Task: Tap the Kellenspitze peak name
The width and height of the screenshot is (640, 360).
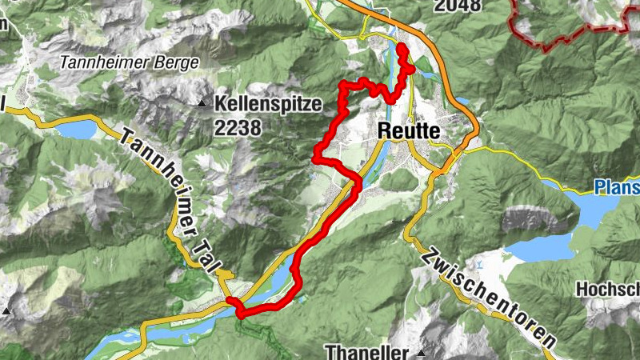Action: [x=267, y=103]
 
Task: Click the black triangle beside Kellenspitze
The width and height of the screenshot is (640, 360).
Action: [x=202, y=103]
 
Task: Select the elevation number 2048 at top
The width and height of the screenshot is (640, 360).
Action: [x=458, y=6]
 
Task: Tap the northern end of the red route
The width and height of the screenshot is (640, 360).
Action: [x=401, y=49]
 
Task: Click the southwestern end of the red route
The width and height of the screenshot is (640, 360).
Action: [x=231, y=301]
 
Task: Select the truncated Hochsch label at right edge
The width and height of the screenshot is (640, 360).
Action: [x=611, y=289]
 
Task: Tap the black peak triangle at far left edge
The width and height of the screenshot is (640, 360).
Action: [x=7, y=310]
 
